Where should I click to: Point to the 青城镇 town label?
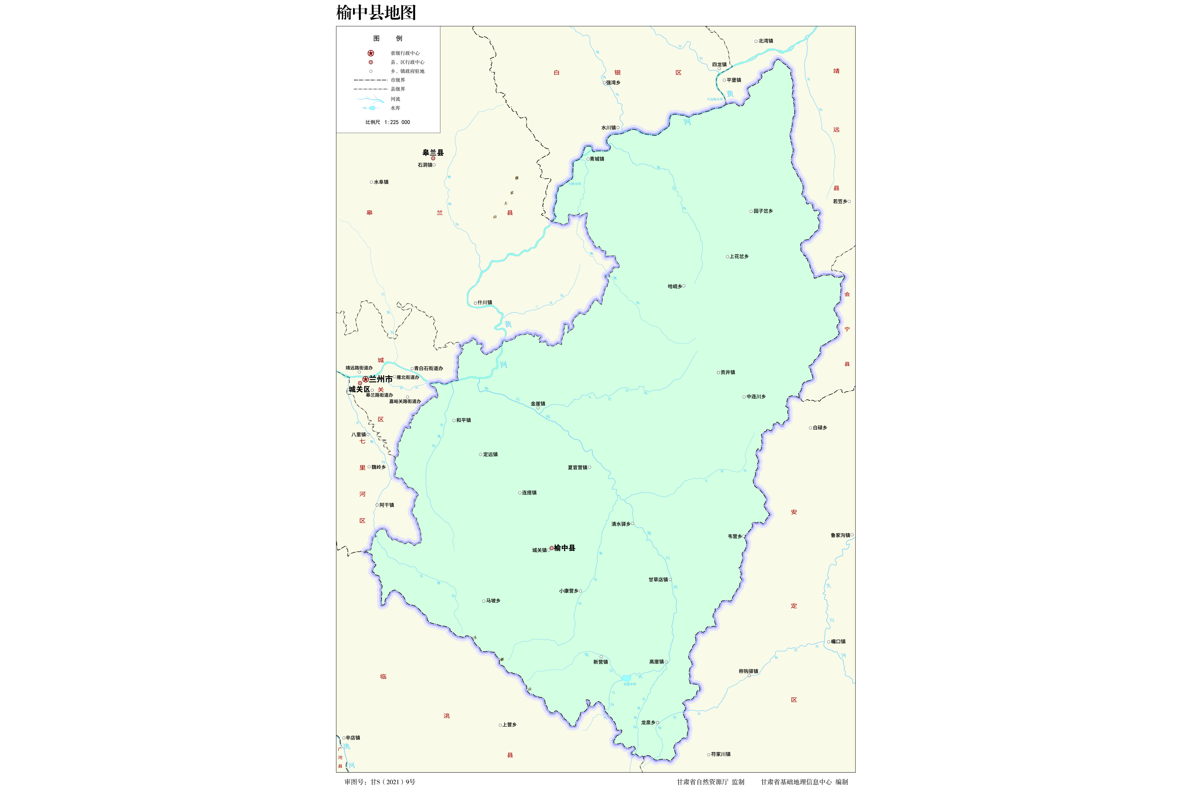[596, 159]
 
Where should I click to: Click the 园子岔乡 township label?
[763, 211]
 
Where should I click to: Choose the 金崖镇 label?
[538, 404]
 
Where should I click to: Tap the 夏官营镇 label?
[577, 467]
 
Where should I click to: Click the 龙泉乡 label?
[648, 723]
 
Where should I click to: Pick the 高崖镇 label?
[656, 662]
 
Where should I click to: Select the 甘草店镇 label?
[658, 580]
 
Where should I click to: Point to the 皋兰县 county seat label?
[433, 153]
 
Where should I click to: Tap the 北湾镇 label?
[766, 41]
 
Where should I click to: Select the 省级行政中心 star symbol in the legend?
[371, 53]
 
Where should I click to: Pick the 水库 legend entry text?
[395, 108]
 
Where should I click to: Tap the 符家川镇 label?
[720, 754]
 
